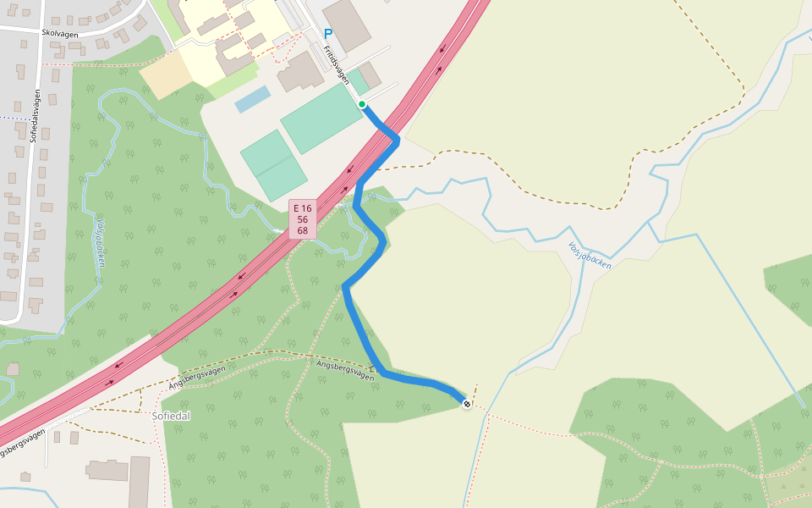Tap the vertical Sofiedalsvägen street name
37,115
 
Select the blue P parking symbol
328,34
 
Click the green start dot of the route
362,104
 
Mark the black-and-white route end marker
466,404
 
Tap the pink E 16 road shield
303,208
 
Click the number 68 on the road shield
303,230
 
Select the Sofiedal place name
171,416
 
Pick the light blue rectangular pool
252,98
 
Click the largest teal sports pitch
321,118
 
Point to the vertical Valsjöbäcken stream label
101,243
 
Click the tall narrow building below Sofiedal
139,483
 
